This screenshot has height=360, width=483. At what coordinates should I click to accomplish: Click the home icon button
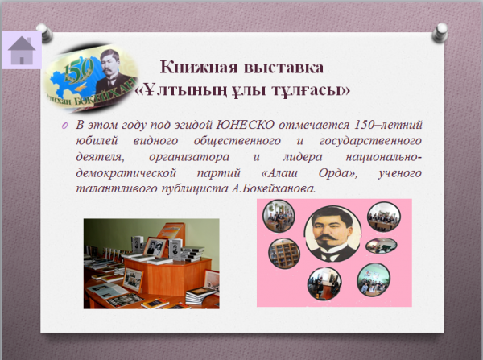point(22,50)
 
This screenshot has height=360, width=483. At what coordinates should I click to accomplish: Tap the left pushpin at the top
point(45,33)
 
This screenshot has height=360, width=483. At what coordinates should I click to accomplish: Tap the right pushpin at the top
point(440,33)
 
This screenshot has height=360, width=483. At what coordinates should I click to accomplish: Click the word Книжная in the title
point(199,67)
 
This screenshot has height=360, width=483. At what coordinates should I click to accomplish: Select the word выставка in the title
point(283,68)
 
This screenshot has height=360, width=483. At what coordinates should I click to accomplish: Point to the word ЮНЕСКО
point(246,125)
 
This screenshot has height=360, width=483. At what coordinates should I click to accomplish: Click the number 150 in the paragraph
point(364,125)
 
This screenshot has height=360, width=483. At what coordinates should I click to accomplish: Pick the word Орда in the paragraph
point(336,173)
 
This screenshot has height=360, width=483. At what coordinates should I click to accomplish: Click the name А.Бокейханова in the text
point(274,188)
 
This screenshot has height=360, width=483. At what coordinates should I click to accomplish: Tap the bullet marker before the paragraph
point(64,126)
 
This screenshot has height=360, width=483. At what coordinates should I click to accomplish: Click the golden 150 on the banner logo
point(78,71)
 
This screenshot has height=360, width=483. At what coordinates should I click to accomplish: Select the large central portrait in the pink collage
point(332,234)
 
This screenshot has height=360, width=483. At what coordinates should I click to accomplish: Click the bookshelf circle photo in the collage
point(284,254)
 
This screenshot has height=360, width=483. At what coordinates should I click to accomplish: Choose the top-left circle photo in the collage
point(279,216)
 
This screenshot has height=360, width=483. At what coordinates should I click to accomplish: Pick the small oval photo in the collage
point(382,246)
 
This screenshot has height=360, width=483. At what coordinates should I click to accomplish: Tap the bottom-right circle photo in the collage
point(374,279)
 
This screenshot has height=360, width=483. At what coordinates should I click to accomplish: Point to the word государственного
point(370,141)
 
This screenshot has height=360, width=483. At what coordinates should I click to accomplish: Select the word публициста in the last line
point(195,189)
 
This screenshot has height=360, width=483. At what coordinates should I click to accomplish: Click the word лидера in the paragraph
point(303,157)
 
